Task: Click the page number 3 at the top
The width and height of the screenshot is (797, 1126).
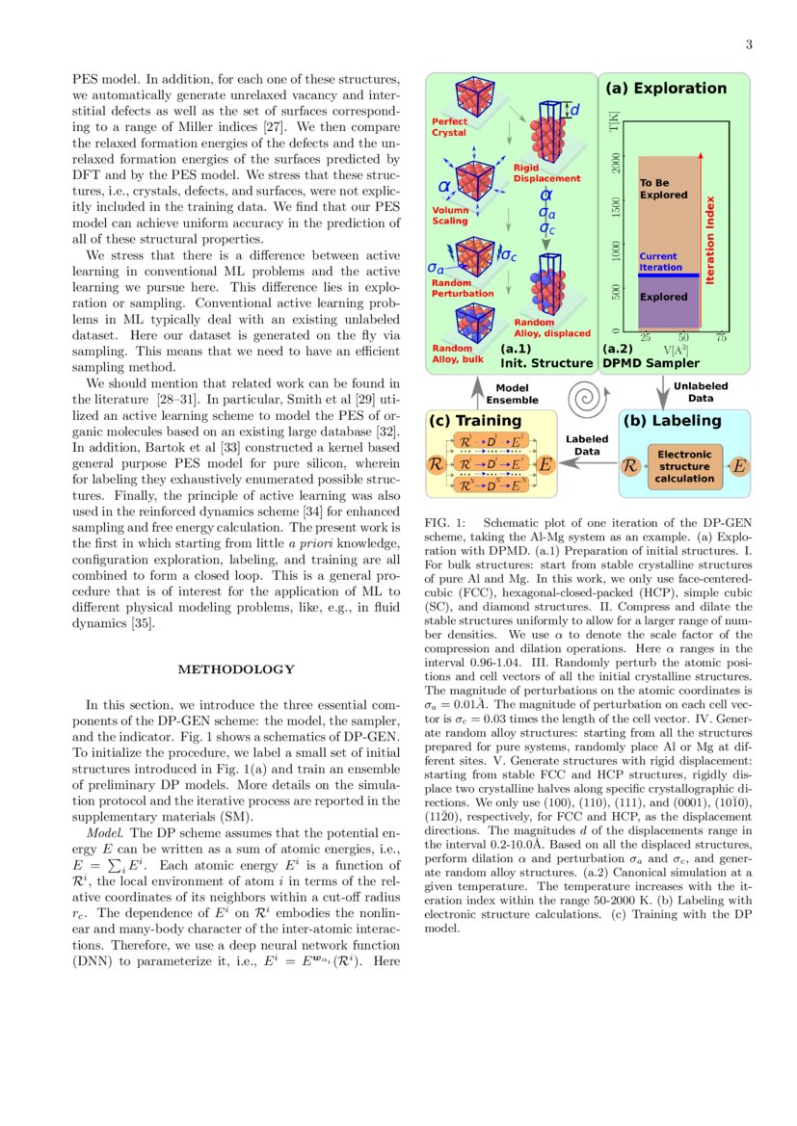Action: tap(748, 44)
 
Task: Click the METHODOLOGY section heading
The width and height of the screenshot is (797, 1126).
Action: tap(236, 669)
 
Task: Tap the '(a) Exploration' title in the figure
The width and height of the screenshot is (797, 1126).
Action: tap(665, 89)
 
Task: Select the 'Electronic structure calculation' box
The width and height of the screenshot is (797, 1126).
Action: tap(684, 466)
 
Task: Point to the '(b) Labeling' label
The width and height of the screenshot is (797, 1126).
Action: tap(673, 421)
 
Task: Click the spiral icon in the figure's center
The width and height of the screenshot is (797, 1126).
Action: tap(586, 395)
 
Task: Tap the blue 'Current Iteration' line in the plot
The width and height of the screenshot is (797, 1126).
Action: tap(669, 275)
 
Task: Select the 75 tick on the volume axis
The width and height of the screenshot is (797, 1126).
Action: tap(720, 337)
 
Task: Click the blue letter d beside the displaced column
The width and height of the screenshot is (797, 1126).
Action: tap(575, 111)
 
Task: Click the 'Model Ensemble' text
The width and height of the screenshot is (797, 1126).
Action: tap(512, 394)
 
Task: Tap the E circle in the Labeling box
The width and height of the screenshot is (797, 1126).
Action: tap(739, 466)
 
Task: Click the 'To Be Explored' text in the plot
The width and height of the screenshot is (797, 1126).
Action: tap(663, 189)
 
